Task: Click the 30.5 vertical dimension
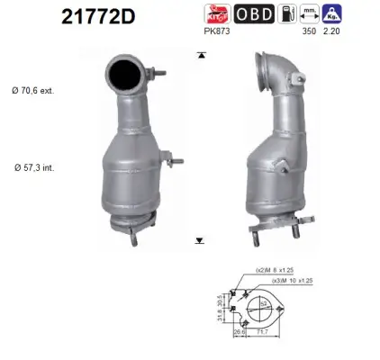pyautogui.click(x=220, y=297)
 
